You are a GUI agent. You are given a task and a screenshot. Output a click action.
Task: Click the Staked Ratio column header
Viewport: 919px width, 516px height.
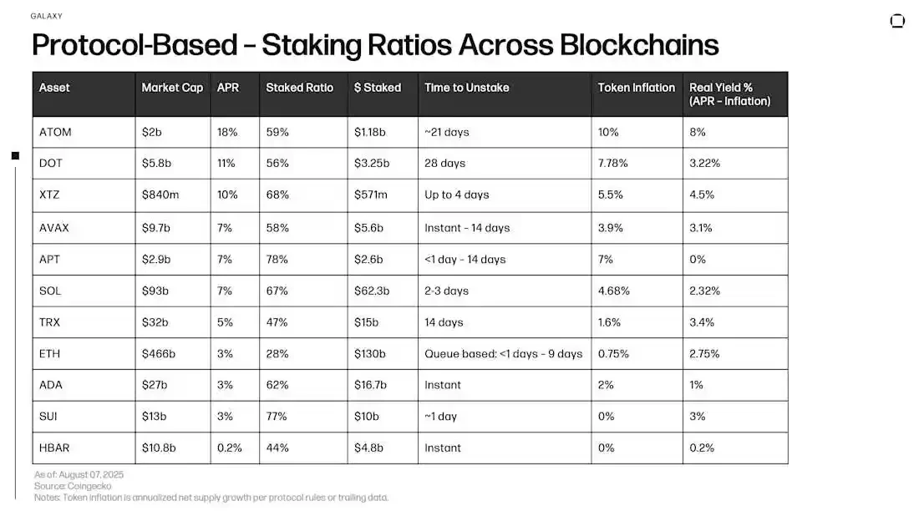(299, 88)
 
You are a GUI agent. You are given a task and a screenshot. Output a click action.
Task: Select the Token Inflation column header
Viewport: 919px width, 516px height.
(636, 88)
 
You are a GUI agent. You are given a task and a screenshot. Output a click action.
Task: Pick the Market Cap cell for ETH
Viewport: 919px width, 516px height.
(159, 354)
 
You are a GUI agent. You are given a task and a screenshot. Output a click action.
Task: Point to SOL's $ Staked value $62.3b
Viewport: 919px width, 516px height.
(373, 291)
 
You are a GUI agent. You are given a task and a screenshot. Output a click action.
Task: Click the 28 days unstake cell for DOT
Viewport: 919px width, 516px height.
(444, 164)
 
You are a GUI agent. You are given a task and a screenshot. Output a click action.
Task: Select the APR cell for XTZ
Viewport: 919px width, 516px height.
(227, 195)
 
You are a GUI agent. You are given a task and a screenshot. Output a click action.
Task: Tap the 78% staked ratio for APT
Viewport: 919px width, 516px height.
(277, 260)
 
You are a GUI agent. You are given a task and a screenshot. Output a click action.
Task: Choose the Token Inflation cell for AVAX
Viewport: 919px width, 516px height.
(611, 228)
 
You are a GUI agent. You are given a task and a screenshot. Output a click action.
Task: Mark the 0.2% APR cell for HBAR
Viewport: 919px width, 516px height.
(229, 448)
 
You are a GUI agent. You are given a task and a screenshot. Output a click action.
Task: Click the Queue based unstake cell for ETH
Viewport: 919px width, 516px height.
(503, 354)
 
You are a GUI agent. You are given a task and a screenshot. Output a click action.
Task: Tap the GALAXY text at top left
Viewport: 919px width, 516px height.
(46, 16)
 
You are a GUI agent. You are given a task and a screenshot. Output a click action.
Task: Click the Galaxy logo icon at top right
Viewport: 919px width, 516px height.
(897, 21)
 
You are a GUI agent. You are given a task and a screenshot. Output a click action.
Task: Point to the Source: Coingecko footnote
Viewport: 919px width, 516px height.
(73, 486)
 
